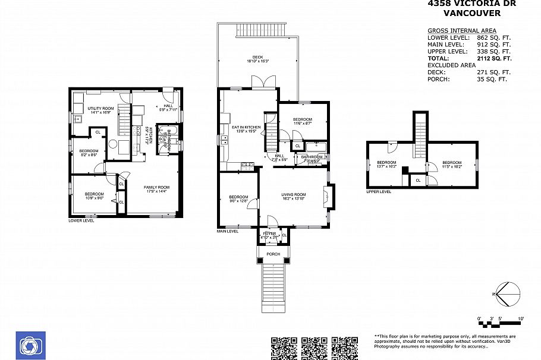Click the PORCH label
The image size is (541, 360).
(273, 254)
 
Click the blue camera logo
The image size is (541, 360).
(30, 345)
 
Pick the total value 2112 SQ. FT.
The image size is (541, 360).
(494, 59)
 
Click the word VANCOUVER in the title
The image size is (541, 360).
(472, 13)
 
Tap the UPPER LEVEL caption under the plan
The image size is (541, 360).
(379, 192)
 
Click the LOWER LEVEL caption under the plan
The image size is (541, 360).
(81, 220)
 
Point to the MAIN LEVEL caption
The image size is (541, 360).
(228, 231)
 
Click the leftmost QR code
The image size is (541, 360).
(284, 348)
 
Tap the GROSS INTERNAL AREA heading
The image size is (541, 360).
(462, 31)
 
